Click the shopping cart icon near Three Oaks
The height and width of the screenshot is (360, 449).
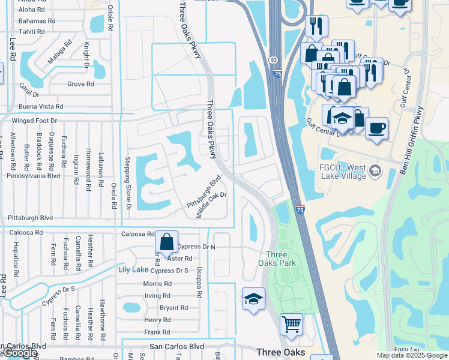(x=291, y=325)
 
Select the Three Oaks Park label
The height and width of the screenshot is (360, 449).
(x=277, y=258)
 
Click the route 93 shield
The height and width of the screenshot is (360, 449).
(x=273, y=60)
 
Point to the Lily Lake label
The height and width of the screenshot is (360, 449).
(x=132, y=269)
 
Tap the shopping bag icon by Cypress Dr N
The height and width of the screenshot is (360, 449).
(x=167, y=242)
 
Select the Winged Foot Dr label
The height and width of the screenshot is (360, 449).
(x=37, y=121)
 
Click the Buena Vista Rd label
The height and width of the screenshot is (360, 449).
(x=41, y=106)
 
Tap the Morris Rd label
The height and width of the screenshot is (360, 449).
(x=157, y=283)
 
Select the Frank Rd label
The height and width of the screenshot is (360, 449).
(x=157, y=332)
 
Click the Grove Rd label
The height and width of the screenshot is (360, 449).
(x=80, y=84)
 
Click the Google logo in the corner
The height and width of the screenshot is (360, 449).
(x=19, y=353)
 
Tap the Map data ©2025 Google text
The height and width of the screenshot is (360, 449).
(x=411, y=355)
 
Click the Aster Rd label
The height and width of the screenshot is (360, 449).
(x=180, y=258)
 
